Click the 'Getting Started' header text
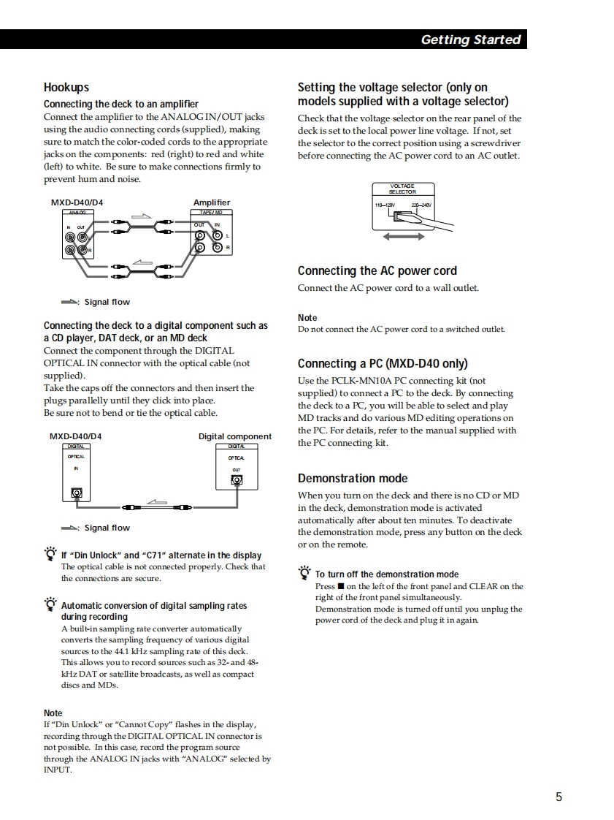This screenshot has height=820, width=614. (x=470, y=39)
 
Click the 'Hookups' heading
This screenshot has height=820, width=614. (x=66, y=87)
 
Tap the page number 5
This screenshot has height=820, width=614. (x=559, y=797)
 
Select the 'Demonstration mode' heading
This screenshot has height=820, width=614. (x=353, y=478)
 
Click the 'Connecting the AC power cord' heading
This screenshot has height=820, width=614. (x=377, y=270)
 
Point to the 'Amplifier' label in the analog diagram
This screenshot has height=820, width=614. (x=212, y=202)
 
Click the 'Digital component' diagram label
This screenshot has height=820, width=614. (x=235, y=436)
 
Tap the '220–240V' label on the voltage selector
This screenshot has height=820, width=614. (x=421, y=205)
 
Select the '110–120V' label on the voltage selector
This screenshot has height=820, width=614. (x=385, y=205)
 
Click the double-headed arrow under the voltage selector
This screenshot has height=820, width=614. (x=404, y=236)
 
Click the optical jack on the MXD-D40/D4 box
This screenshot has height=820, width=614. (x=77, y=493)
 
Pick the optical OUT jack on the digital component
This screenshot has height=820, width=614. (x=237, y=480)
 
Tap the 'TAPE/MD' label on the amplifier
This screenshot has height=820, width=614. (x=211, y=212)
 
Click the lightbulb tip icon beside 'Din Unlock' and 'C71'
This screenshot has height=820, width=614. (x=50, y=553)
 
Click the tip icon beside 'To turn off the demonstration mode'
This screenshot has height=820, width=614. (x=304, y=572)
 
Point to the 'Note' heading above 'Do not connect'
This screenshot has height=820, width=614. (x=307, y=318)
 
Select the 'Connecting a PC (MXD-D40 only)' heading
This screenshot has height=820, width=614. (x=383, y=363)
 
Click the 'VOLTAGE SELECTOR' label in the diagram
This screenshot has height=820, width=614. (x=402, y=189)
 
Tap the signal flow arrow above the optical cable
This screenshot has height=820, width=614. (x=157, y=501)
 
